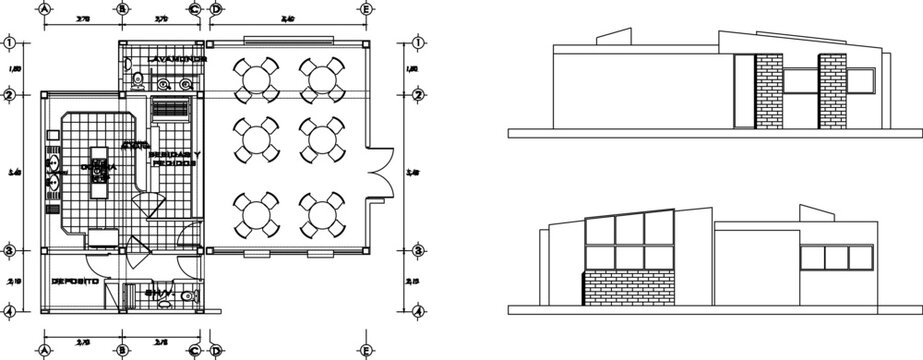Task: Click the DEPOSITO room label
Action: click(x=75, y=283)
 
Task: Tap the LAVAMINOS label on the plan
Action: click(x=176, y=60)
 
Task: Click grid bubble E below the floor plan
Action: click(x=365, y=350)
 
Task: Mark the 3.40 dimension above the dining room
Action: click(x=288, y=19)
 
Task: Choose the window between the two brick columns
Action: click(x=801, y=82)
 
